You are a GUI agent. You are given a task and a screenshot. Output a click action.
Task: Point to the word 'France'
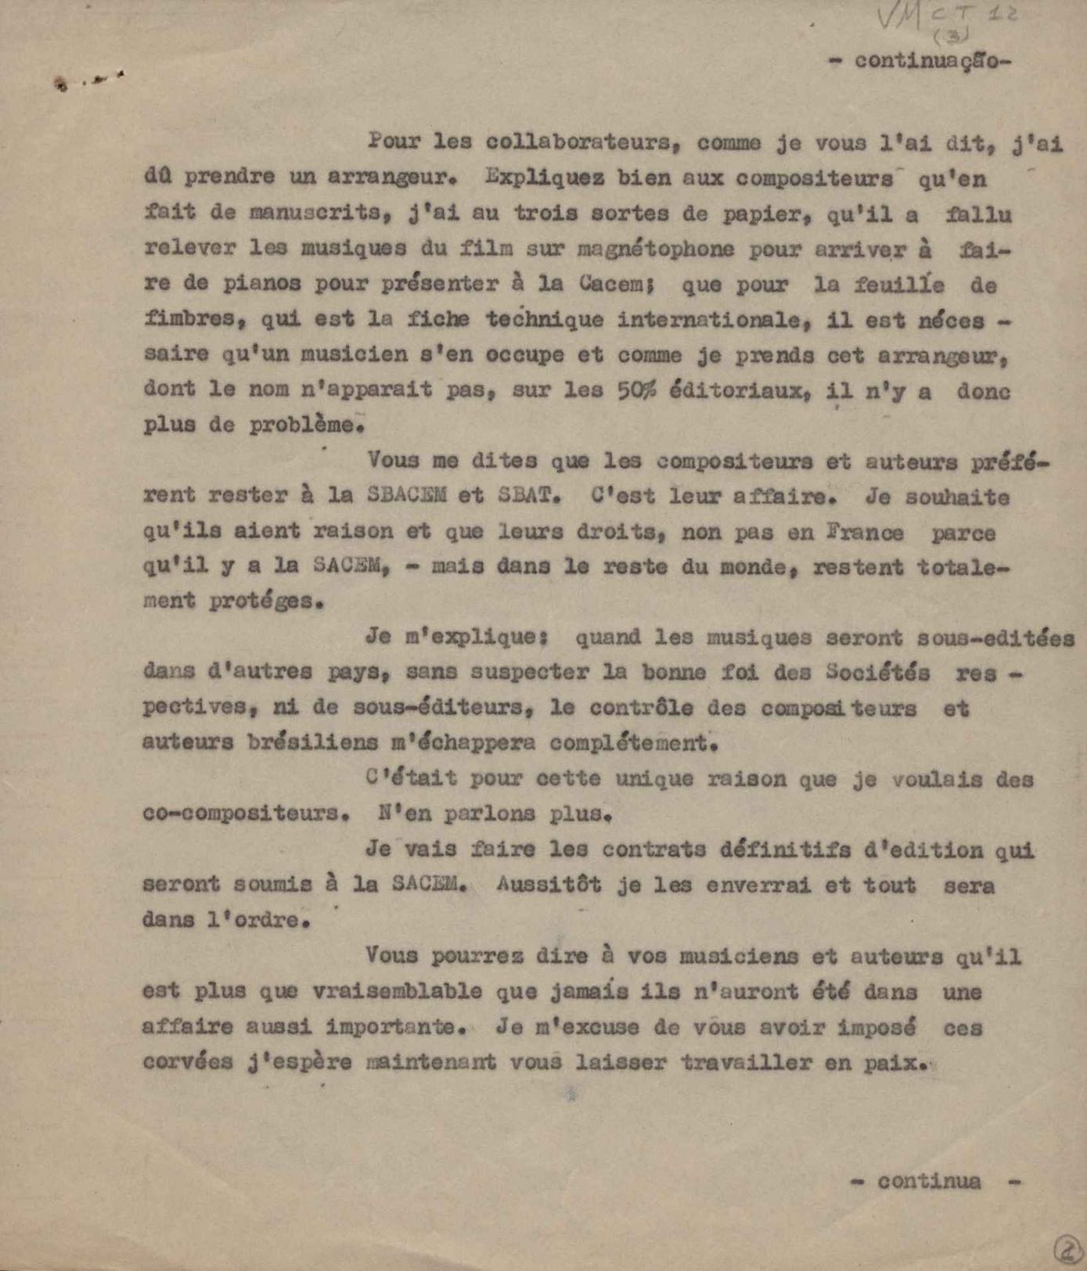(864, 533)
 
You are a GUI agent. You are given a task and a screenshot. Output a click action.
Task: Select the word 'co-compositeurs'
(244, 813)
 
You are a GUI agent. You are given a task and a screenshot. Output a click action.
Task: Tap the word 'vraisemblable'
(397, 992)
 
